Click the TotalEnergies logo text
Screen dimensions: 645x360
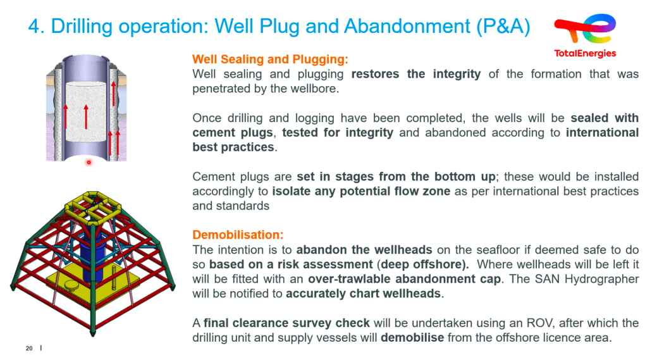click(x=585, y=54)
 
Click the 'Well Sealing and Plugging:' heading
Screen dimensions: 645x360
click(x=270, y=59)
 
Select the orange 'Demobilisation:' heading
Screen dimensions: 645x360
click(x=238, y=235)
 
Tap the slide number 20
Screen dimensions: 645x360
click(x=29, y=349)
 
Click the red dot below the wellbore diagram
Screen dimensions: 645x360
click(x=89, y=163)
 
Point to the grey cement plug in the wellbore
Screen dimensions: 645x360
click(x=86, y=111)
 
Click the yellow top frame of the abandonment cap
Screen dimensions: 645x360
click(x=93, y=207)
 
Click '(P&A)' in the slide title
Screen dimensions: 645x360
click(x=503, y=27)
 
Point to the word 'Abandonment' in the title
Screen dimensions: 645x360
click(x=407, y=27)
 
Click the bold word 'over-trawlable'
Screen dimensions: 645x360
click(x=350, y=280)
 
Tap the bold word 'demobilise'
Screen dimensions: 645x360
click(x=412, y=338)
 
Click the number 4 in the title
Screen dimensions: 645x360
click(x=35, y=27)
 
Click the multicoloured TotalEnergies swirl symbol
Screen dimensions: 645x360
click(x=585, y=28)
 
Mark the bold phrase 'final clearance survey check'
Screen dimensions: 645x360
click(x=286, y=323)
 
